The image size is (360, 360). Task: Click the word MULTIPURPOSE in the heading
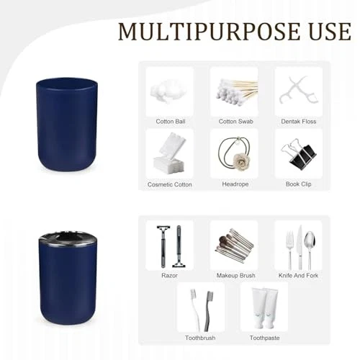209,32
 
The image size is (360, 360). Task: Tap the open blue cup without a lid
67,124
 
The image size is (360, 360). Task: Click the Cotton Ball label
171,122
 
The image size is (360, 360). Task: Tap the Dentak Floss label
299,122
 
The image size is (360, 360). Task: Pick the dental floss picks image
299,90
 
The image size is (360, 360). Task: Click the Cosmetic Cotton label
170,184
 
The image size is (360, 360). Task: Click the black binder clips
298,154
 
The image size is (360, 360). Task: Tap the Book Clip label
299,184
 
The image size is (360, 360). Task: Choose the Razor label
169,275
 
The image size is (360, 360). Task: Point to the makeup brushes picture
234,245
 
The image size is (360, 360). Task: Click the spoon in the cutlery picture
310,250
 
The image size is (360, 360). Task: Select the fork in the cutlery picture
290,250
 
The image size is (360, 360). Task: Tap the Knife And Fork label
298,275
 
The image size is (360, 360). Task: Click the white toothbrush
196,310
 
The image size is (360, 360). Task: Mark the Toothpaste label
264,338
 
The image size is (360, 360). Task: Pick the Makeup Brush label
235,276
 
